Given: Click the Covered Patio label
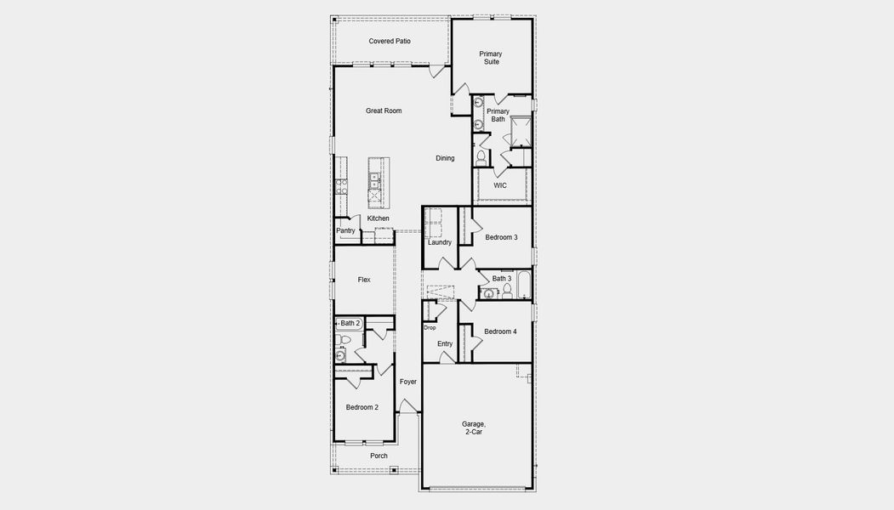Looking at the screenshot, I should click(390, 41).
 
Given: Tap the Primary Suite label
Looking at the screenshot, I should click(491, 58).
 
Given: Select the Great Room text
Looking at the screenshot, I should click(384, 110).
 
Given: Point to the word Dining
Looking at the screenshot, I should click(445, 158).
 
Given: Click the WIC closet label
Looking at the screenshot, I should click(500, 185).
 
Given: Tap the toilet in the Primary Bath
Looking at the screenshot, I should click(481, 157).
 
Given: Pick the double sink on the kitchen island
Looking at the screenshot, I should click(374, 179).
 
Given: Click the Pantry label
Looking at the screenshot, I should click(345, 230).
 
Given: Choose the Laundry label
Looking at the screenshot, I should click(440, 242).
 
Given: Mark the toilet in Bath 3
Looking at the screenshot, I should click(506, 292).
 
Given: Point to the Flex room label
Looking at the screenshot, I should click(364, 280).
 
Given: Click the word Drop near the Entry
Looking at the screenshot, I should click(430, 328).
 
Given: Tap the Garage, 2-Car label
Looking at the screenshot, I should click(474, 428).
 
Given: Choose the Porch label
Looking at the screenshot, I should click(379, 456).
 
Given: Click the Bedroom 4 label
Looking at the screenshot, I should click(500, 331).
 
